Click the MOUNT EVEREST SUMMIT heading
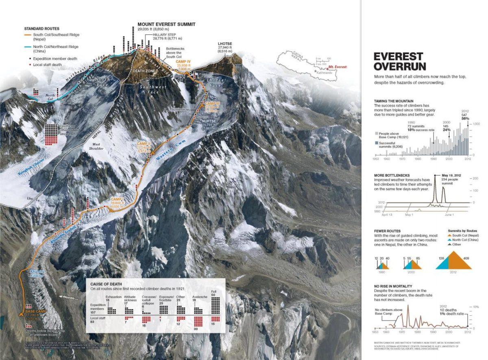pyautogui.click(x=166, y=24)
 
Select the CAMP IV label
pyautogui.click(x=183, y=61)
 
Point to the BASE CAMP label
pyautogui.click(x=29, y=311)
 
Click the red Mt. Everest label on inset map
pyautogui.click(x=338, y=67)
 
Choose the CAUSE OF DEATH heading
pyautogui.click(x=107, y=284)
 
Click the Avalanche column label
pyautogui.click(x=200, y=297)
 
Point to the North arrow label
pyautogui.click(x=68, y=297)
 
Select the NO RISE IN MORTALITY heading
pyautogui.click(x=395, y=286)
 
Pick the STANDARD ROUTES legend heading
pyautogui.click(x=42, y=29)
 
